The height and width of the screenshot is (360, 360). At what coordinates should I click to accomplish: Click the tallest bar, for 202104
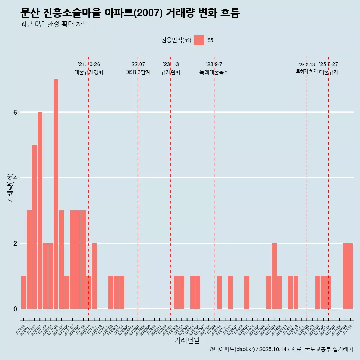(x=56, y=194)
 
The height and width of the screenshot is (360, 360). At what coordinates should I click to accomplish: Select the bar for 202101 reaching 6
(x=40, y=210)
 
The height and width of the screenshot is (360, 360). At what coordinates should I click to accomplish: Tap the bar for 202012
(x=34, y=226)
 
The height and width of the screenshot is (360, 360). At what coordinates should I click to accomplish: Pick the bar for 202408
(x=274, y=276)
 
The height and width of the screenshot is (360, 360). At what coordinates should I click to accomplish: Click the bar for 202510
(x=350, y=276)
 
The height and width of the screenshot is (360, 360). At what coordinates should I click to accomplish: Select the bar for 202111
(x=94, y=276)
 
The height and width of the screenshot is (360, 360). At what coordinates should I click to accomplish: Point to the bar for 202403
(x=247, y=292)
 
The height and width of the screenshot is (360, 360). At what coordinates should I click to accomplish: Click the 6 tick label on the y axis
(x=15, y=112)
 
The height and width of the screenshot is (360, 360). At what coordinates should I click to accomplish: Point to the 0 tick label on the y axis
(x=15, y=309)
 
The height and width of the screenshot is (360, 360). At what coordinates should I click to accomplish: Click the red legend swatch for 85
(x=199, y=40)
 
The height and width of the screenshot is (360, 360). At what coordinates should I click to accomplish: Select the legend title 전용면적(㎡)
(x=176, y=40)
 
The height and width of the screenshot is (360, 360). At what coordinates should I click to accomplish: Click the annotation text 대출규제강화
(x=89, y=72)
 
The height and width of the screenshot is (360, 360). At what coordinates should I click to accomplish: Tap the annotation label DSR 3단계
(x=138, y=72)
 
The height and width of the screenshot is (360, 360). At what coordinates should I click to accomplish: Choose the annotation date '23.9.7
(x=214, y=64)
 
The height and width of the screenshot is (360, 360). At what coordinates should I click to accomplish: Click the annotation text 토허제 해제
(x=306, y=71)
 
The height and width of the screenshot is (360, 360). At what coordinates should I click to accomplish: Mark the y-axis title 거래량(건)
(x=10, y=187)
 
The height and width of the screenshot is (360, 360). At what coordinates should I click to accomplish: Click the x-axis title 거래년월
(x=187, y=340)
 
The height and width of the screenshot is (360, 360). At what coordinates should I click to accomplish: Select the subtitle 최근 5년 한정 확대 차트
(x=54, y=24)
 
